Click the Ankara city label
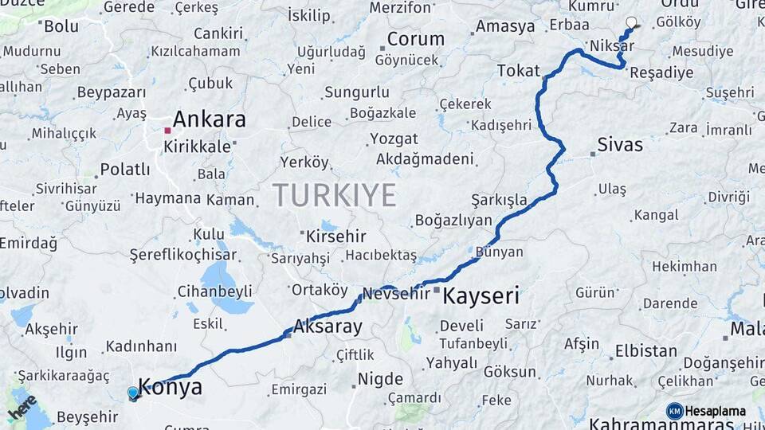[209, 119]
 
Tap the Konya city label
[170, 388]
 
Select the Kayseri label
[481, 297]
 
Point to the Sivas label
[621, 145]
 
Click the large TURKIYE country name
[334, 195]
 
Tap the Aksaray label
[328, 326]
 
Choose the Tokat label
[518, 71]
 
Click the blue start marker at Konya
[133, 393]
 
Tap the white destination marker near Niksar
[632, 22]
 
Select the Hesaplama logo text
[715, 411]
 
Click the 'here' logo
[22, 407]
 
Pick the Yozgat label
[394, 139]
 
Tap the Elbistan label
[645, 350]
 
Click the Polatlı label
[125, 170]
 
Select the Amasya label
[505, 26]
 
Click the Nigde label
[380, 378]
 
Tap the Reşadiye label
[661, 72]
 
